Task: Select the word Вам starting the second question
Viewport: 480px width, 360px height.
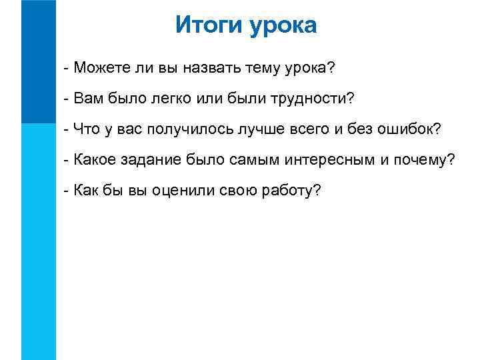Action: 88,99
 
